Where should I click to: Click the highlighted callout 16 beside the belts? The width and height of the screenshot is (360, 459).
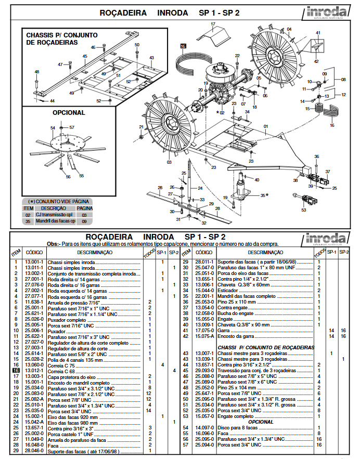[x=183, y=46]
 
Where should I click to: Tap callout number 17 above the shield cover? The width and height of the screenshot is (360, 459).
[x=213, y=24]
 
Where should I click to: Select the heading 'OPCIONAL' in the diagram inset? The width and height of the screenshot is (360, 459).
[x=68, y=112]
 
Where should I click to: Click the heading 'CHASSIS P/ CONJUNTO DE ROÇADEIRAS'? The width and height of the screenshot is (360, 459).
[x=62, y=38]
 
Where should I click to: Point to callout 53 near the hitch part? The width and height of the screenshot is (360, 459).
[x=304, y=211]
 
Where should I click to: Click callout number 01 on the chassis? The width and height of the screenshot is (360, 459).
[x=265, y=126]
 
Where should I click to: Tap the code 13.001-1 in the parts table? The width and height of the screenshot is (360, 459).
[x=34, y=262]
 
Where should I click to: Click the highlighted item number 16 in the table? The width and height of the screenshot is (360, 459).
[x=16, y=371]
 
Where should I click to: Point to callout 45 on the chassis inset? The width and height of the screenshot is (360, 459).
[x=84, y=56]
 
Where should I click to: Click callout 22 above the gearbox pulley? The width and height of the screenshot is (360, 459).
[x=237, y=56]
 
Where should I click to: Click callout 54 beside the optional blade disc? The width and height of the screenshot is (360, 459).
[x=53, y=127]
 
